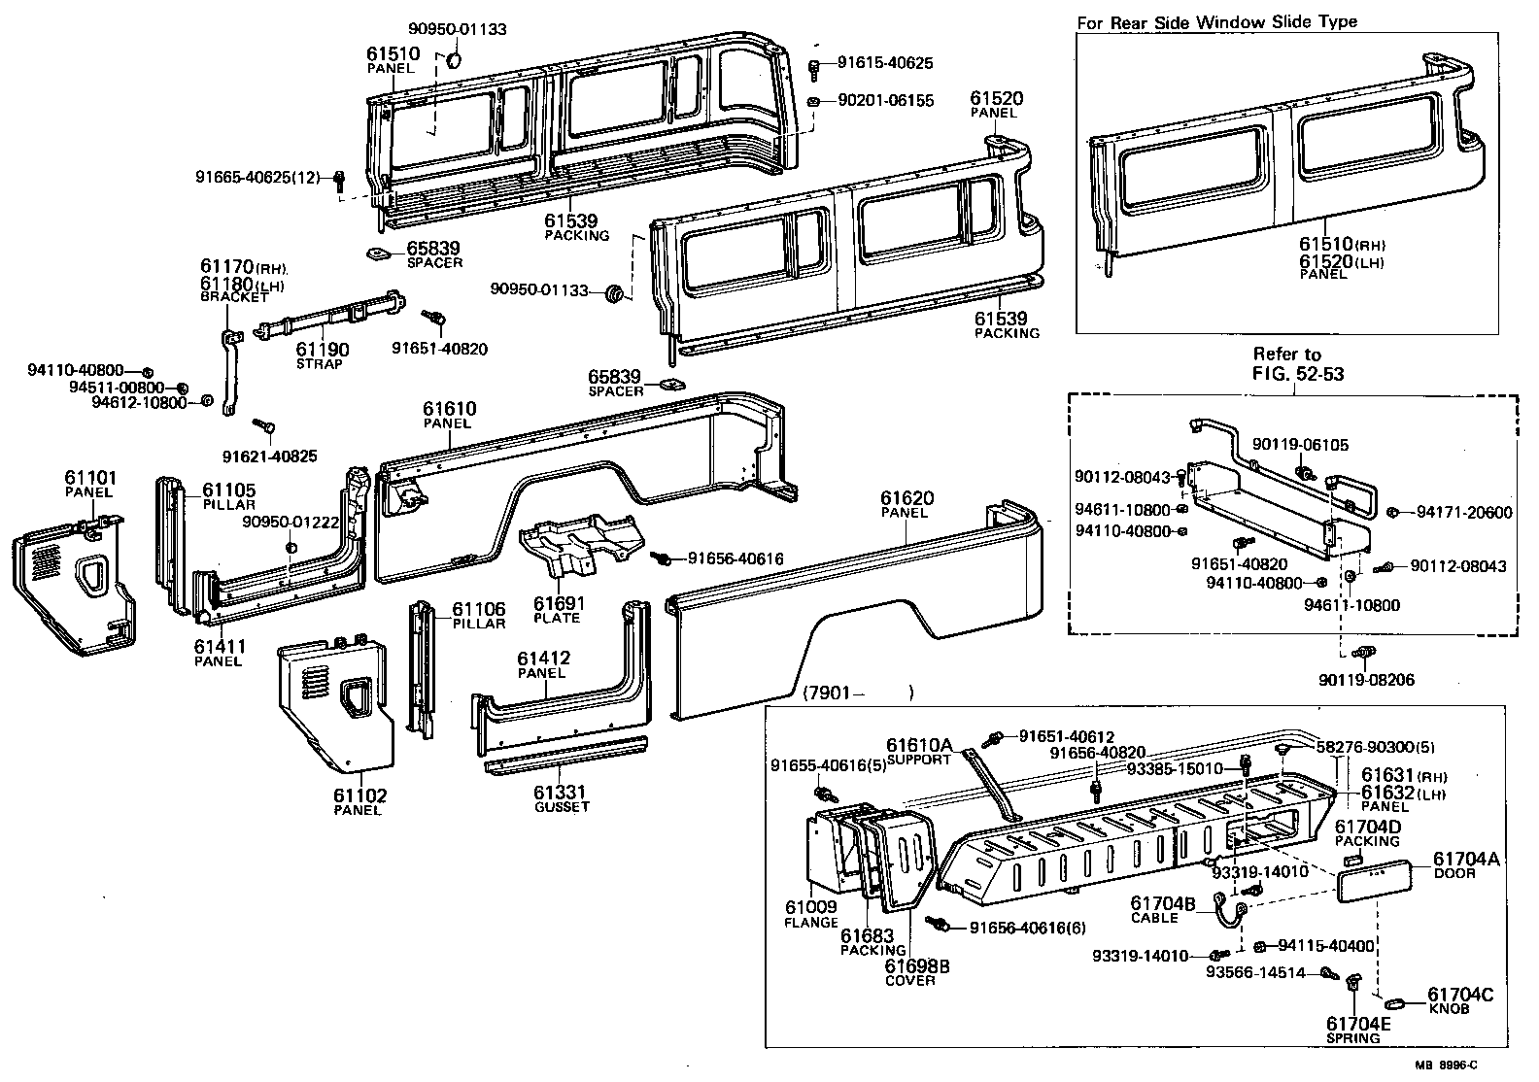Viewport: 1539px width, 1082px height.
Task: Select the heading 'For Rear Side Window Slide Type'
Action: (1216, 21)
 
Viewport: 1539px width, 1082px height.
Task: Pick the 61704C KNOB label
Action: (1462, 1000)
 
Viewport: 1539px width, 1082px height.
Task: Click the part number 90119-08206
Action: (1360, 681)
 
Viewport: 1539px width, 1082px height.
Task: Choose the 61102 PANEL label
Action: (359, 801)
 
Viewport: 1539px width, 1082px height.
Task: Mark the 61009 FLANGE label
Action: (810, 914)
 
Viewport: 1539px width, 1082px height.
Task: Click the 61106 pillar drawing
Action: (421, 670)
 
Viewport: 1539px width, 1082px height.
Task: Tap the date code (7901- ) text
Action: (859, 693)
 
